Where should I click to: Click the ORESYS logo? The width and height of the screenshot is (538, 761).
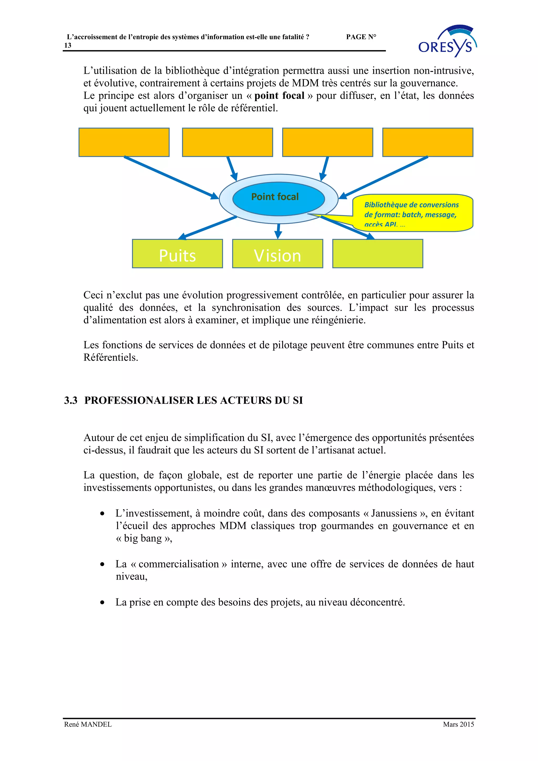click(447, 41)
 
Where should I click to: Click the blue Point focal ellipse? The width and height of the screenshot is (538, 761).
click(278, 199)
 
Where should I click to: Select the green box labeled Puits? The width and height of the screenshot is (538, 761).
click(177, 254)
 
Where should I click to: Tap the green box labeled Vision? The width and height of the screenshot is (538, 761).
click(277, 254)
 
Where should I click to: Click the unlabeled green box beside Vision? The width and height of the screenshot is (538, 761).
click(377, 254)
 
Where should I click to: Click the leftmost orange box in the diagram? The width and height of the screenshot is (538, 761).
click(124, 142)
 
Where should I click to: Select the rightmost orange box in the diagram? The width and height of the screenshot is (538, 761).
click(428, 142)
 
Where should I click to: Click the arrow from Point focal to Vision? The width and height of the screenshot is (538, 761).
click(278, 231)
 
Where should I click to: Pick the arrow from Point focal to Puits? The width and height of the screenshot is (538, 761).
click(207, 228)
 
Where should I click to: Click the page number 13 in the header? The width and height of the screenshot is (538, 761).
click(68, 46)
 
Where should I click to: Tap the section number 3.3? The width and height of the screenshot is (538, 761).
click(71, 400)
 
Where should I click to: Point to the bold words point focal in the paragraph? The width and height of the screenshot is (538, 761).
click(279, 96)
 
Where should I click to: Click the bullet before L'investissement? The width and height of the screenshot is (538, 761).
click(102, 514)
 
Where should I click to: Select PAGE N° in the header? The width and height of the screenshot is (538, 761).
click(361, 37)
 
